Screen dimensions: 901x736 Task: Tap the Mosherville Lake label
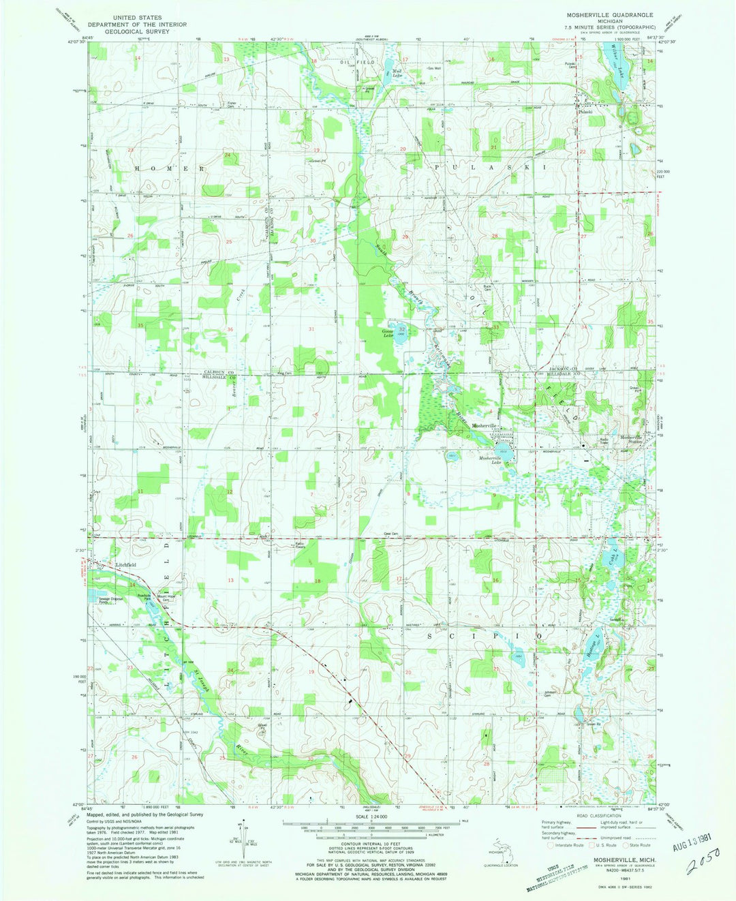[x=494, y=461]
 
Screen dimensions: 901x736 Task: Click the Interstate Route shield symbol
[x=540, y=844]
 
